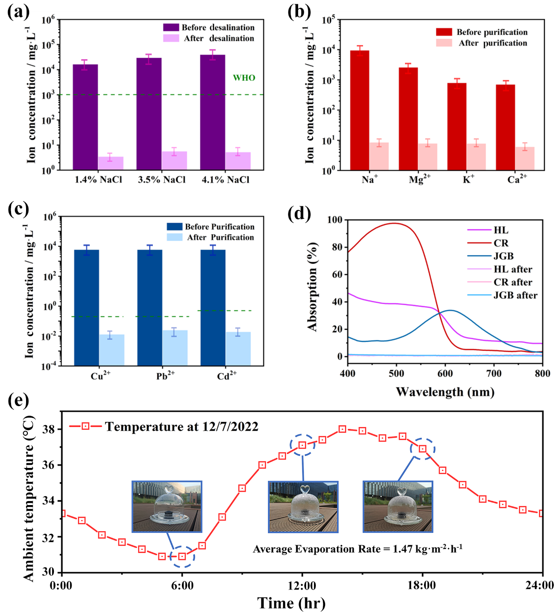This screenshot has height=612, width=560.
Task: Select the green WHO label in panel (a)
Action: coord(244,78)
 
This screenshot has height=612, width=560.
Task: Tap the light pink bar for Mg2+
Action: coord(428,157)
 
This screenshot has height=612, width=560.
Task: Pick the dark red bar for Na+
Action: coord(359,110)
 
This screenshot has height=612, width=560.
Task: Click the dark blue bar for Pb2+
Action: coord(150,307)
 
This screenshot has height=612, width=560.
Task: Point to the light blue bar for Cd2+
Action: coord(238,349)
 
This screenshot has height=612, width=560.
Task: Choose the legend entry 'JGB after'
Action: coord(515,295)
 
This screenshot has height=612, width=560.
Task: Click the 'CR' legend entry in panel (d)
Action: coord(501,243)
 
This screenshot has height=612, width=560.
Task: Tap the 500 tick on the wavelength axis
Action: coord(396,373)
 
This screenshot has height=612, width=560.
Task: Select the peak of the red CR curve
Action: coord(395,223)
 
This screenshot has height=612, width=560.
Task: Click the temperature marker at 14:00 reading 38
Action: coord(342,429)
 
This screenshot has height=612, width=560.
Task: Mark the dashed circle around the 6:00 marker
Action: coord(182,556)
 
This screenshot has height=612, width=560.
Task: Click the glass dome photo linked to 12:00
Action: coord(303,507)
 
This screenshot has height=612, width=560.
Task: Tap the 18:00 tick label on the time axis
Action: coord(422,585)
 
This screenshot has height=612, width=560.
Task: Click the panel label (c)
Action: coord(19,209)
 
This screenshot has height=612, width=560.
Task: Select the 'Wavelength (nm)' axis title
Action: coord(445,392)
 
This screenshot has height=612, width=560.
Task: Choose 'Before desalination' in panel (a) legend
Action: coord(218,27)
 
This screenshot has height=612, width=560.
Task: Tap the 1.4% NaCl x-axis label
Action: coord(98,180)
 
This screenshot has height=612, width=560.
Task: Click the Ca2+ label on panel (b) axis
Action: coord(516,179)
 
